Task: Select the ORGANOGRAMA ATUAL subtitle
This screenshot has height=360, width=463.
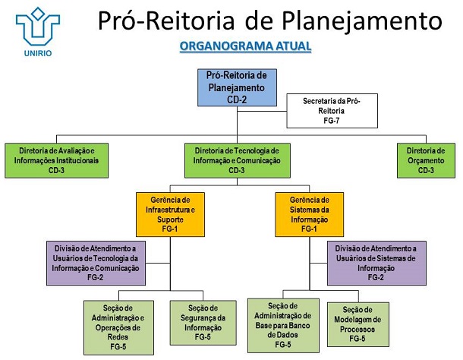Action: tap(245, 47)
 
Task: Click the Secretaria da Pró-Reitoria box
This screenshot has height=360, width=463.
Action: tap(331, 110)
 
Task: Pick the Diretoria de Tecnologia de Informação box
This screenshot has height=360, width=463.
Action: tap(237, 160)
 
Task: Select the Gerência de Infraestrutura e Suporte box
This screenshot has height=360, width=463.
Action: tap(170, 213)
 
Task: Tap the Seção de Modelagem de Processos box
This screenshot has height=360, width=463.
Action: tap(357, 323)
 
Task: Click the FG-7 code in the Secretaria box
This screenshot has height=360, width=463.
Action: tap(331, 120)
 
